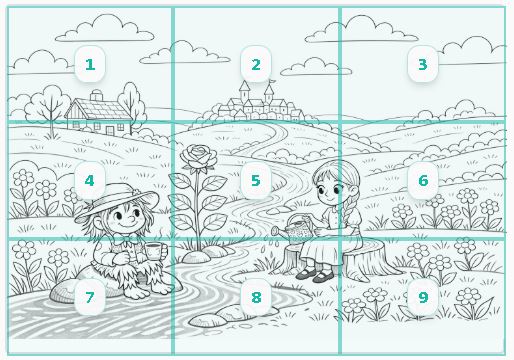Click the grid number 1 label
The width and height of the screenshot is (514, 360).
coord(90,64)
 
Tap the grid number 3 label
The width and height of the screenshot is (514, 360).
coord(423,64)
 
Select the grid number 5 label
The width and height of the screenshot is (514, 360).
coord(256,180)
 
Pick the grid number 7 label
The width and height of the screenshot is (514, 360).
coord(90,297)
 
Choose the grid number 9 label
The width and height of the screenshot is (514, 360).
coord(423,297)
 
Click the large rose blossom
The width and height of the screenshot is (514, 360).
coord(198,156)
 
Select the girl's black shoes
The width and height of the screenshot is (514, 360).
coord(315,274)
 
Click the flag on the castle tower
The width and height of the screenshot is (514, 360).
coord(273,81)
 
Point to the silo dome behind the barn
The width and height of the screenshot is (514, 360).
coord(97,94)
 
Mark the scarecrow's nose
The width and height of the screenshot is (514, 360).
coord(131,219)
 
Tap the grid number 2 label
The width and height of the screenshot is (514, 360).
coord(256,64)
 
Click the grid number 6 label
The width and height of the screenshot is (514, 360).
coord(423,180)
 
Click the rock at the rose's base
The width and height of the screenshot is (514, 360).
coord(197,257)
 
